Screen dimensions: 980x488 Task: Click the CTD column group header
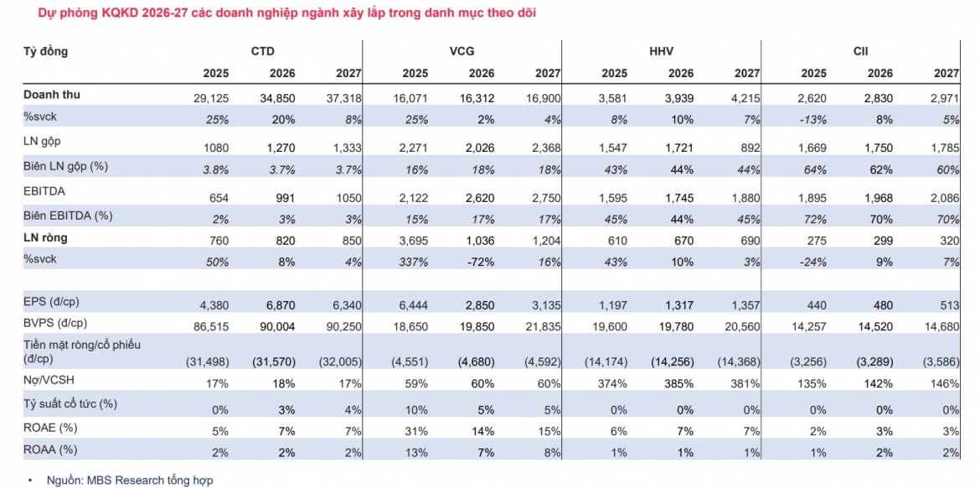(263, 52)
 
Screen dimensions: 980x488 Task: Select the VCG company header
(462, 52)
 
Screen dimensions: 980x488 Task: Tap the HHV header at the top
(661, 52)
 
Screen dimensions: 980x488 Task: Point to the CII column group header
(860, 52)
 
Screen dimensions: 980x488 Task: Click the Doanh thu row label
(52, 95)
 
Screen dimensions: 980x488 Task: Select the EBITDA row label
(44, 191)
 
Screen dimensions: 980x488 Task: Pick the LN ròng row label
(45, 238)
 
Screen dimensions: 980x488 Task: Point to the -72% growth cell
(482, 262)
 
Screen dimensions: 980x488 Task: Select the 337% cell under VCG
(415, 262)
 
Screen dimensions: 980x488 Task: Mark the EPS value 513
(949, 306)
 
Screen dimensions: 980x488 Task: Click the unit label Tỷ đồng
(45, 52)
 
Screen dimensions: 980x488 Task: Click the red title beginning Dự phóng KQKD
(278, 13)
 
